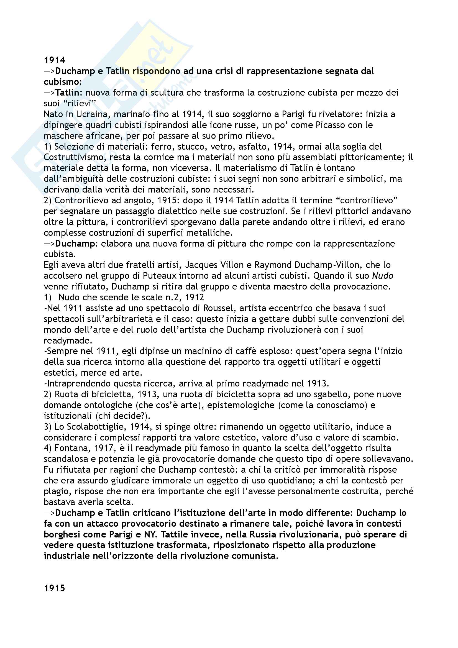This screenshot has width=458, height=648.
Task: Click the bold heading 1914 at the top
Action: (x=55, y=60)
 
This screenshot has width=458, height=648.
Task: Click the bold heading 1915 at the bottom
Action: (x=55, y=588)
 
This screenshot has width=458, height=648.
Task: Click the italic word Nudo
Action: (x=383, y=276)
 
